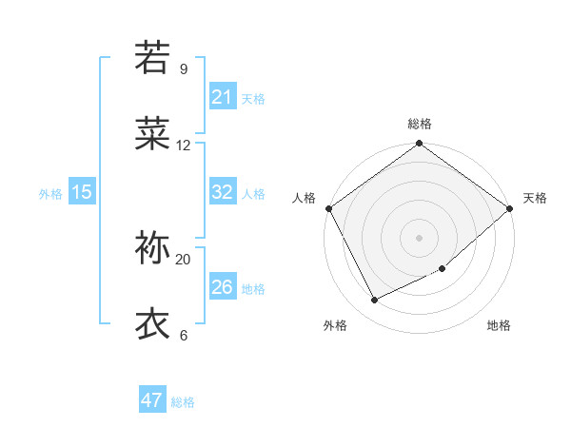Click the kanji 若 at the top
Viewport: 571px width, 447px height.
click(x=152, y=57)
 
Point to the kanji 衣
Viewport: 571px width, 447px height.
click(x=152, y=323)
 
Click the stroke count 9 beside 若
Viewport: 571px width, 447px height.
click(x=183, y=69)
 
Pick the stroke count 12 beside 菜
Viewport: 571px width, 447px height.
click(x=183, y=146)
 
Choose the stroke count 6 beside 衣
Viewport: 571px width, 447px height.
click(x=183, y=336)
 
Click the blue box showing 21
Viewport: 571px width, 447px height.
click(x=222, y=97)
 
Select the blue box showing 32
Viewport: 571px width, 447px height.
click(x=222, y=192)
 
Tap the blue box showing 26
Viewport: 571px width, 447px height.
click(x=222, y=287)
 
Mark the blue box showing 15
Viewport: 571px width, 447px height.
click(x=81, y=192)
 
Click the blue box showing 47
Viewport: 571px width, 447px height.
click(x=151, y=400)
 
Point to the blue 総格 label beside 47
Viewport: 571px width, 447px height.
click(x=183, y=402)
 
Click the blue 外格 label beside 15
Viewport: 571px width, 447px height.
click(x=50, y=194)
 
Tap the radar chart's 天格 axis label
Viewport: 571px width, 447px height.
click(x=535, y=198)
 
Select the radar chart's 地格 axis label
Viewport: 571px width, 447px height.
click(x=499, y=326)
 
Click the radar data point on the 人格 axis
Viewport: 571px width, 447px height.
click(x=328, y=208)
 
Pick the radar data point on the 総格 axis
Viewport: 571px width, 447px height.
click(x=419, y=145)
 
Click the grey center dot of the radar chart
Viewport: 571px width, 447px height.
click(x=419, y=237)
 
